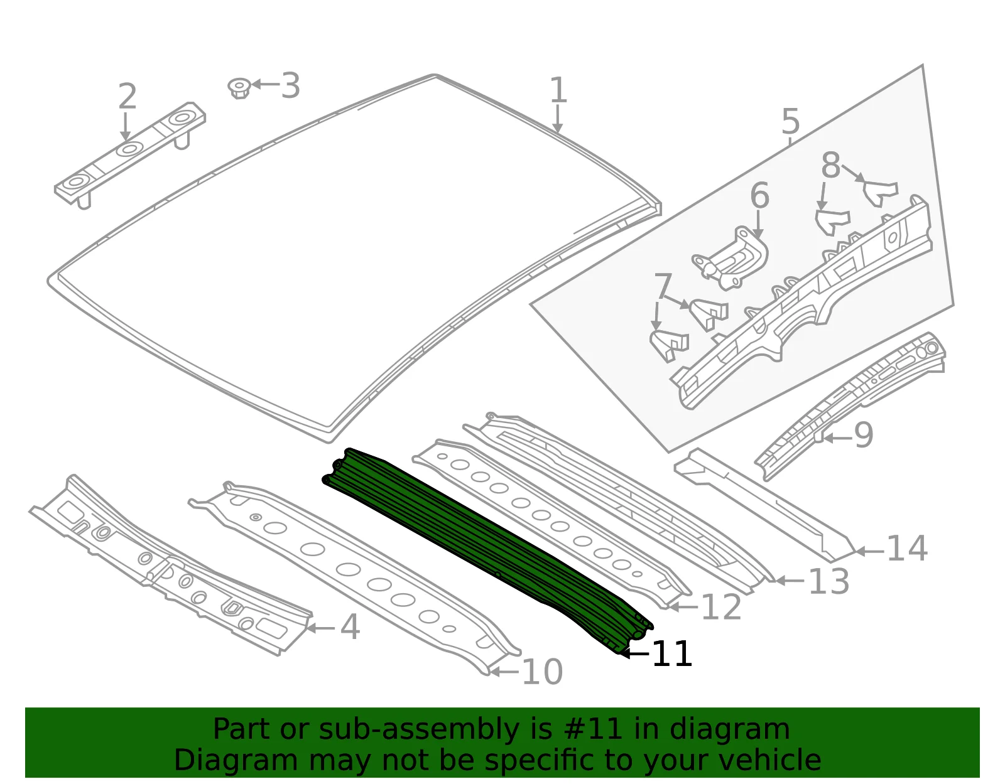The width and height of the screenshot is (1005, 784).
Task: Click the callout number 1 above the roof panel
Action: pos(558,90)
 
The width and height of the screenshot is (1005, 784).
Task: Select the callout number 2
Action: pos(127,96)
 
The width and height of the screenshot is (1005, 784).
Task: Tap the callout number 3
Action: pos(290,86)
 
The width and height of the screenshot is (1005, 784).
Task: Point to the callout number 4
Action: pos(350,627)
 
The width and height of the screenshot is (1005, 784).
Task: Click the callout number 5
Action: pos(790,121)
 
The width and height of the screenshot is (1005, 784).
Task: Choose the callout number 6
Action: pos(759,195)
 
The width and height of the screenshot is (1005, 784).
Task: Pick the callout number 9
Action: pos(863,435)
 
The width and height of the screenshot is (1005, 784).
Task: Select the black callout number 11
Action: pos(673,653)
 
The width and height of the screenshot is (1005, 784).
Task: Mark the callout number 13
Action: pos(828,581)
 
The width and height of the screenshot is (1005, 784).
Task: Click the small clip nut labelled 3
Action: pos(239,88)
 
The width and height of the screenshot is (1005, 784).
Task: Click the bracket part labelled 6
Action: pos(731,259)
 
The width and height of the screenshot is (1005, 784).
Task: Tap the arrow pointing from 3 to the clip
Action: pos(266,84)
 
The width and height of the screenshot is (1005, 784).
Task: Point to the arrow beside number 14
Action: pos(869,551)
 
